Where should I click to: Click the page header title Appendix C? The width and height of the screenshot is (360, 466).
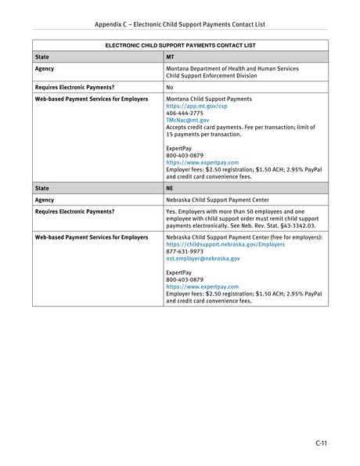[181, 23]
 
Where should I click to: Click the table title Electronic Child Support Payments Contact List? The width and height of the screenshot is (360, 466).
[179, 46]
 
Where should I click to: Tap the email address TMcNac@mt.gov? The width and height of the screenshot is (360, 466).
[187, 121]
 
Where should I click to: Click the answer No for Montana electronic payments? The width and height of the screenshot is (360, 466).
[170, 88]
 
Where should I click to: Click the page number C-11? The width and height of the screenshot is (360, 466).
[320, 444]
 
